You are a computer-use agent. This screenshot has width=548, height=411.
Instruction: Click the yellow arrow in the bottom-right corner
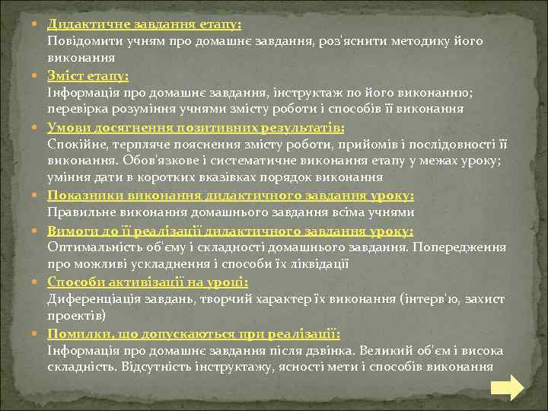(506, 387)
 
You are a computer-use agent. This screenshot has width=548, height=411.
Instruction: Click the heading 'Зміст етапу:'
(88, 75)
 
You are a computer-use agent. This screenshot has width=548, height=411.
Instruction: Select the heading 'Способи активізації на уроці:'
(148, 282)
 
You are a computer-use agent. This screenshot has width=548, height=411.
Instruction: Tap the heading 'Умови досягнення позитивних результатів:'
(196, 126)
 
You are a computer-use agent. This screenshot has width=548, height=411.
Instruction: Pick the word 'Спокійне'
(75, 143)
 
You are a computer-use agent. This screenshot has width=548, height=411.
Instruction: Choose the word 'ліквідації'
(318, 264)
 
